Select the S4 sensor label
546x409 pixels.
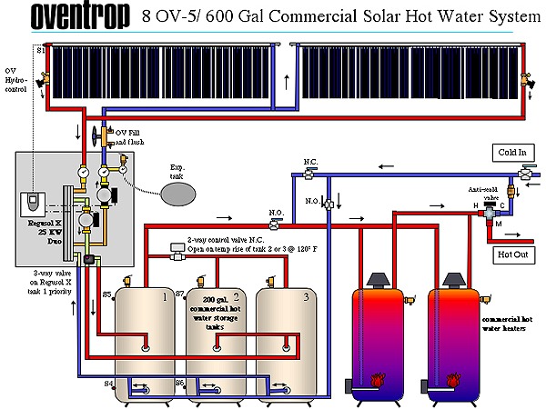tap(108, 384)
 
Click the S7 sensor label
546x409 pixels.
tap(179, 294)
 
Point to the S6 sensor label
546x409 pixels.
tap(179, 384)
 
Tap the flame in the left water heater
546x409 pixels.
tap(375, 378)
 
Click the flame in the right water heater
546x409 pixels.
tap(450, 378)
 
